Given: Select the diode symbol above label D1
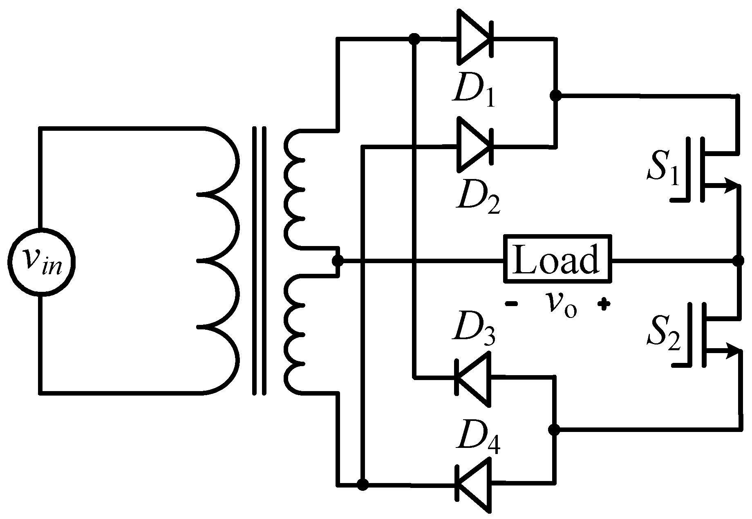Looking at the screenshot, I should pyautogui.click(x=474, y=39).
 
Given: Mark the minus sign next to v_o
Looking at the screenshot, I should pyautogui.click(x=511, y=304).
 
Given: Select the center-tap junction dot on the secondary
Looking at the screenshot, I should pyautogui.click(x=338, y=260).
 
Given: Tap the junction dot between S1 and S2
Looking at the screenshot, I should pyautogui.click(x=738, y=260).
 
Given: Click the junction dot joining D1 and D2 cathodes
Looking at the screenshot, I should pyautogui.click(x=555, y=96).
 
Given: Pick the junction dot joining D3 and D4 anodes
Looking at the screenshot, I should pyautogui.click(x=554, y=430).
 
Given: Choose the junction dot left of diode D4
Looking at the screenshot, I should pyautogui.click(x=363, y=485).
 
